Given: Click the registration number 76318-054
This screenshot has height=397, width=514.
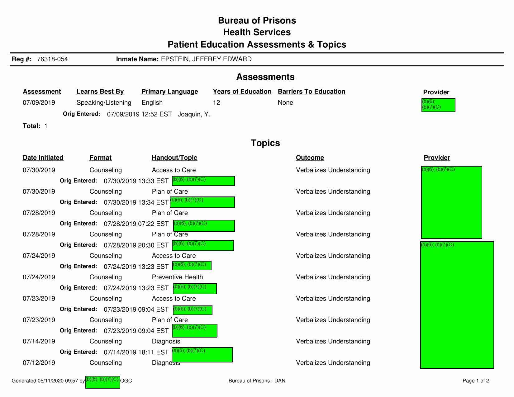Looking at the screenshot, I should pyautogui.click(x=52, y=59).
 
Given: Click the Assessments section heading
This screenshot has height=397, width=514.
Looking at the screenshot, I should pyautogui.click(x=265, y=77).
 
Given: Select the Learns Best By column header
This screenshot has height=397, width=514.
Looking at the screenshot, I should pyautogui.click(x=100, y=92).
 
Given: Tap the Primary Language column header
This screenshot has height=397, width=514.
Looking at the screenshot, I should pyautogui.click(x=169, y=92).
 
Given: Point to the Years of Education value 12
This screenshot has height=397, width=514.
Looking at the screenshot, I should pyautogui.click(x=216, y=103).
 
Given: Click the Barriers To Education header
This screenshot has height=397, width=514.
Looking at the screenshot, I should pyautogui.click(x=312, y=92).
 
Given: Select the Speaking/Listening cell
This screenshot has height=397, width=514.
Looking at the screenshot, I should pyautogui.click(x=104, y=103).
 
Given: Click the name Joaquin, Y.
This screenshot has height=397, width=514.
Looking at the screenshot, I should pyautogui.click(x=194, y=114).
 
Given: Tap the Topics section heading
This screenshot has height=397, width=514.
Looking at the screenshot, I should pyautogui.click(x=265, y=143).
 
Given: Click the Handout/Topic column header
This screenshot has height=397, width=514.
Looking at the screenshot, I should pyautogui.click(x=174, y=158).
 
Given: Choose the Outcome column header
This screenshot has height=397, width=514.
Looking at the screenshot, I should pyautogui.click(x=310, y=158).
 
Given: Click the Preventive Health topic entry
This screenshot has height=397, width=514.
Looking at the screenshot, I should pyautogui.click(x=177, y=277).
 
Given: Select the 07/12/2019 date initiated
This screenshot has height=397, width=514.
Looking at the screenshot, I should pyautogui.click(x=39, y=363).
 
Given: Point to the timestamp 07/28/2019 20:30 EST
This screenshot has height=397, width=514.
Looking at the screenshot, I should pyautogui.click(x=136, y=245).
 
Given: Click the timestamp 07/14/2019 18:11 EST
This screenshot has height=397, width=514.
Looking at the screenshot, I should pyautogui.click(x=136, y=352).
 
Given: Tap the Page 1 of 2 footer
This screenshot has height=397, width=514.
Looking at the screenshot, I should pyautogui.click(x=476, y=381).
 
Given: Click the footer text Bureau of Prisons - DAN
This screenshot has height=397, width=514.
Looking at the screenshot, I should pyautogui.click(x=257, y=381).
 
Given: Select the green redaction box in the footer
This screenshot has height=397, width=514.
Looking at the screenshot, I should pyautogui.click(x=102, y=382).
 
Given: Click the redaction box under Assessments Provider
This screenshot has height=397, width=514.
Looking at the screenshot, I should pyautogui.click(x=438, y=105).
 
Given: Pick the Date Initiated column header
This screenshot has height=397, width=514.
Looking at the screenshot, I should pyautogui.click(x=43, y=158).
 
